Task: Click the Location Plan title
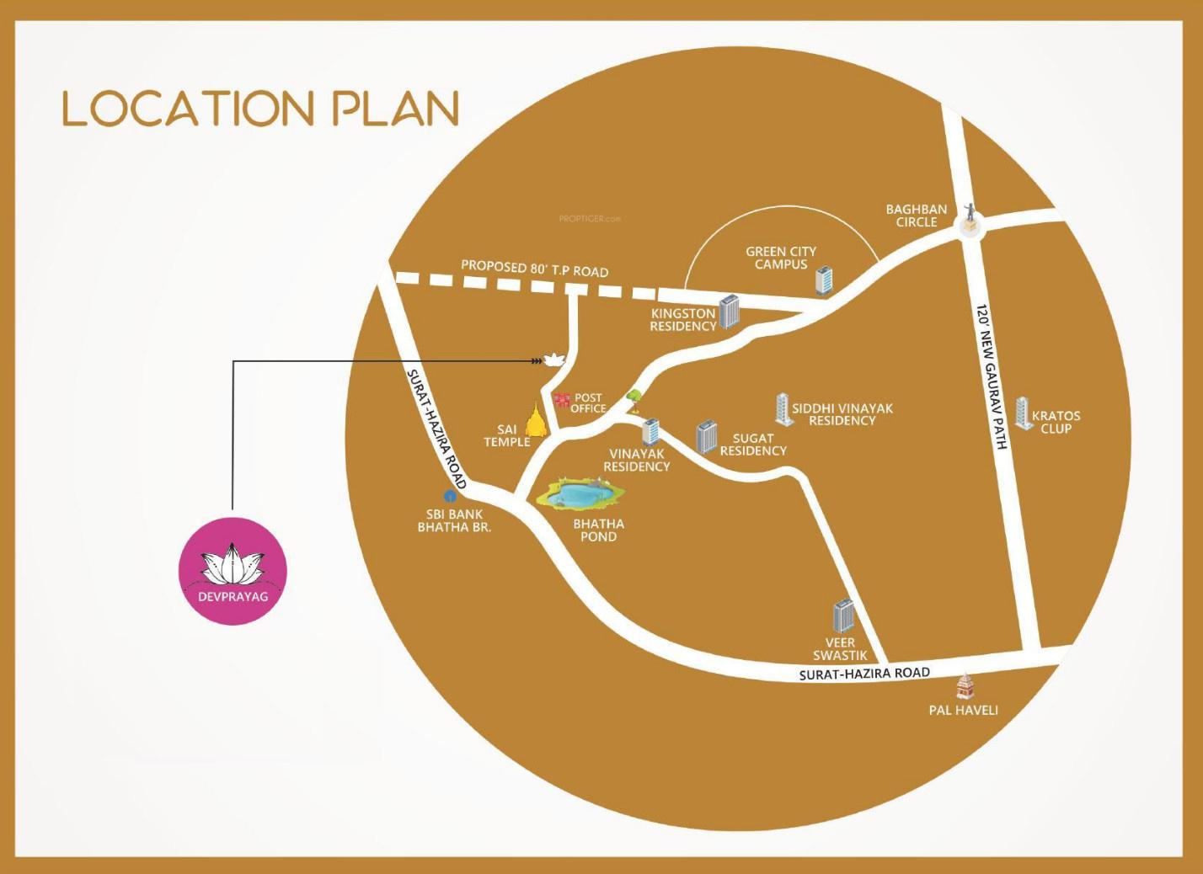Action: point(261,109)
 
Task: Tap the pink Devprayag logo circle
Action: point(233,572)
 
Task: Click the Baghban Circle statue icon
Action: point(970,217)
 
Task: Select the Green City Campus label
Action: point(780,258)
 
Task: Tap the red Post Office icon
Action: point(562,398)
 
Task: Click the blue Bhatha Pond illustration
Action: point(579,494)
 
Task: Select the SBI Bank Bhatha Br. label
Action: point(454,520)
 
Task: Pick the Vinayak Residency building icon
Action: point(650,432)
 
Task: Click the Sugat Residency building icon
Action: point(706,437)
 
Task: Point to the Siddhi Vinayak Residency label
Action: point(842,414)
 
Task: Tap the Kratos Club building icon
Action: point(1024,413)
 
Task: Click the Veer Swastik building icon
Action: point(843,616)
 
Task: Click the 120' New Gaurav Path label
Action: point(990,376)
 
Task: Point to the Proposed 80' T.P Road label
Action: point(534,269)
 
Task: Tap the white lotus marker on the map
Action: point(553,360)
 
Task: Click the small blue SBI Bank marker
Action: point(449,497)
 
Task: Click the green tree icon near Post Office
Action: point(634,395)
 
